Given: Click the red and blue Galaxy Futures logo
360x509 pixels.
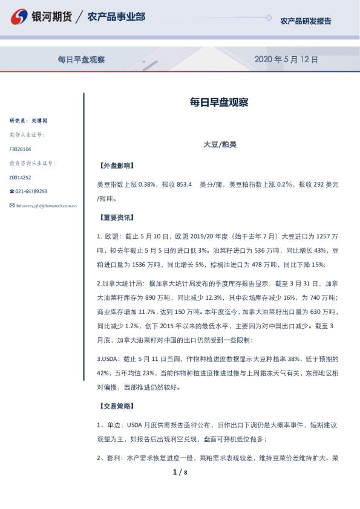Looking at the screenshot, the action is point(20,18).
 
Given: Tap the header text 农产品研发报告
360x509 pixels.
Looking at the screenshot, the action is point(306,21).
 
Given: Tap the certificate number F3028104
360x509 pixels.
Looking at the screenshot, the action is point(20,149).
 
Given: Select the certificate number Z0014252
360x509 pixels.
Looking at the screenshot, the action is point(20,178).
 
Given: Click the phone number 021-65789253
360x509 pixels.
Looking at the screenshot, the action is point(30,192).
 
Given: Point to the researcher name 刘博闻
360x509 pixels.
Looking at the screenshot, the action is point(39,121).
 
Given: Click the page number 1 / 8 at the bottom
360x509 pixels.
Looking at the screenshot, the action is point(180,472).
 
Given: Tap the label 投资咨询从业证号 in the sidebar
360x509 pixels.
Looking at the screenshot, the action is point(32,163).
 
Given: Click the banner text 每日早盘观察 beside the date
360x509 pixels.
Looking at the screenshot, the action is point(82,59).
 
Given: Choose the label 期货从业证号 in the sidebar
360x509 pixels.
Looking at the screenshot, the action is point(27,135).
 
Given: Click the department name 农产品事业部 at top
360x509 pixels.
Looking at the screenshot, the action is point(116,16).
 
